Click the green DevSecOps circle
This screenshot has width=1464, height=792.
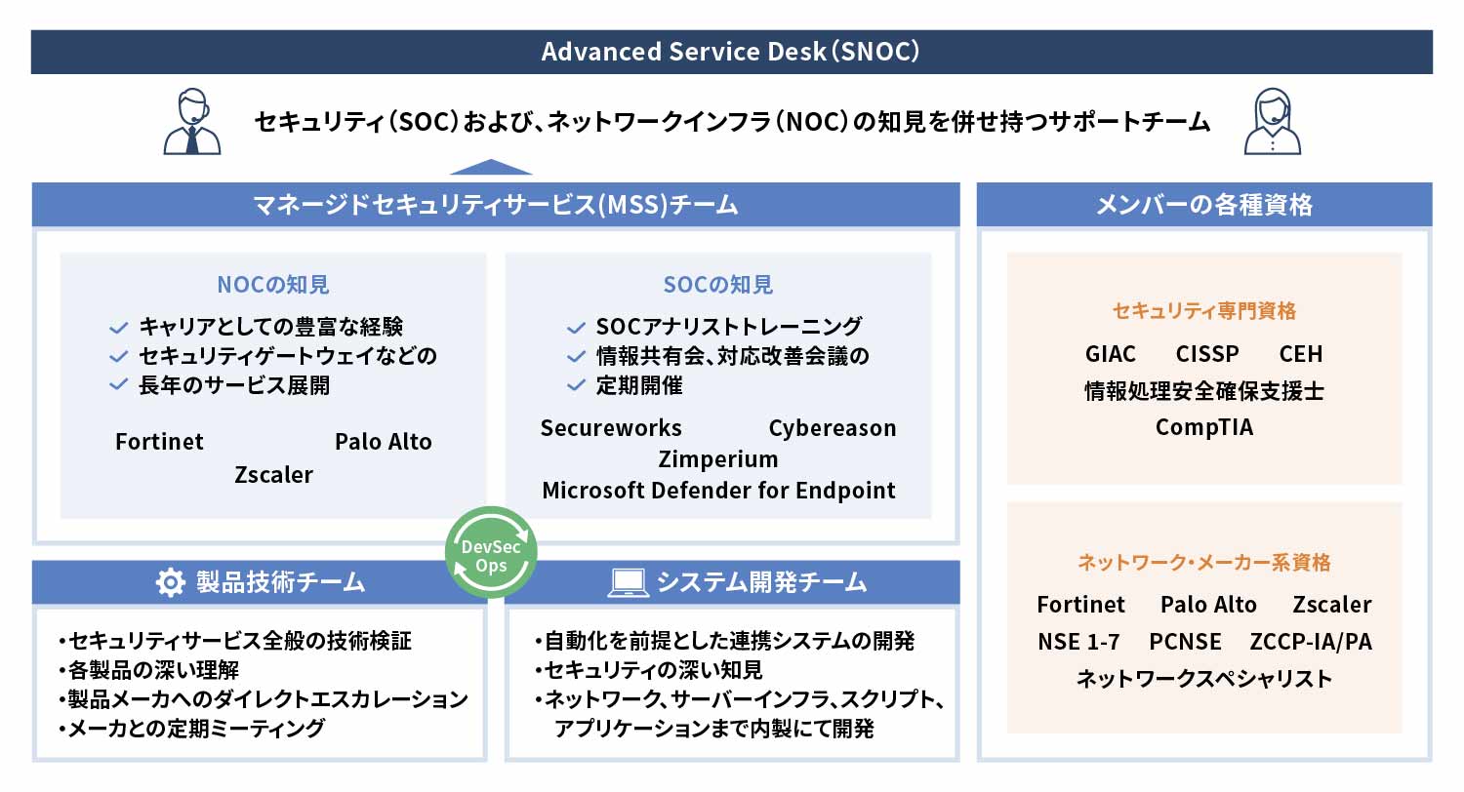(x=491, y=552)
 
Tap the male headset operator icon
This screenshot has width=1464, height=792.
(x=191, y=122)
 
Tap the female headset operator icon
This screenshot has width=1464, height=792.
(x=1272, y=122)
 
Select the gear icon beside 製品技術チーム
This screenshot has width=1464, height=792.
(x=171, y=582)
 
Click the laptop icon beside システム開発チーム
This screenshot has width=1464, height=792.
(x=629, y=582)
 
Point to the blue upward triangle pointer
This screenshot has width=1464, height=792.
(x=491, y=167)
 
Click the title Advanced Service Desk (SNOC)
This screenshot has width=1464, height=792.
(x=731, y=52)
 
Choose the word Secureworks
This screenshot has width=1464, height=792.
(x=611, y=428)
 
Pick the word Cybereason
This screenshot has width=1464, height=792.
(x=833, y=428)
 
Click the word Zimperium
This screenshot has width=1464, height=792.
(x=718, y=459)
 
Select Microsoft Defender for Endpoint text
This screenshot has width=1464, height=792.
(x=718, y=491)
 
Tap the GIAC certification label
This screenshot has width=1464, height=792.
(x=1111, y=354)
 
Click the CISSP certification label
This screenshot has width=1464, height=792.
(x=1207, y=354)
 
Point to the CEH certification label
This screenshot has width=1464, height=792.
(x=1301, y=354)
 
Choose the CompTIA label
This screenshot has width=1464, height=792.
(x=1204, y=427)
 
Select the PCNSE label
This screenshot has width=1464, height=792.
(x=1185, y=642)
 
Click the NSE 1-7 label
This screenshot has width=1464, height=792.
(x=1078, y=642)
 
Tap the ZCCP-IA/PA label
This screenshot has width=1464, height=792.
(x=1311, y=642)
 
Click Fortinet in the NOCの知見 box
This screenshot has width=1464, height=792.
(x=159, y=442)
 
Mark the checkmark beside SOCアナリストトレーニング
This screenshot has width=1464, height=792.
(x=576, y=327)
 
